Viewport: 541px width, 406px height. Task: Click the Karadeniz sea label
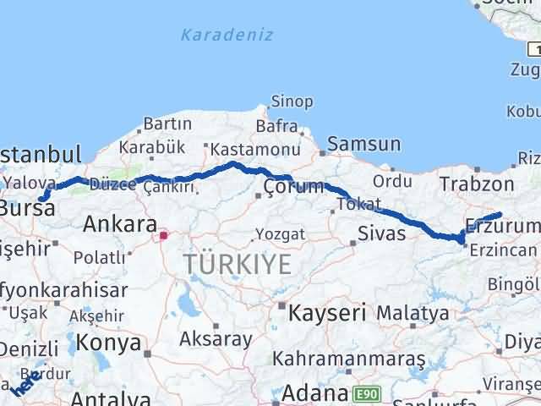[215, 35]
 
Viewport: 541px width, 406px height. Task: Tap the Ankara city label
[119, 224]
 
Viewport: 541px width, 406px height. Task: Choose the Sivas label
[376, 233]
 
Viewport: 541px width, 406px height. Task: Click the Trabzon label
[477, 184]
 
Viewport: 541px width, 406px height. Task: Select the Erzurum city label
[501, 227]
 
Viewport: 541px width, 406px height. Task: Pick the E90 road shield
[368, 394]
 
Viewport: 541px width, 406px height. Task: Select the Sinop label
[291, 101]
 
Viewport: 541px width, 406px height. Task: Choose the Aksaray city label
[216, 339]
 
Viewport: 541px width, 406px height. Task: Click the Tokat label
[355, 205]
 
